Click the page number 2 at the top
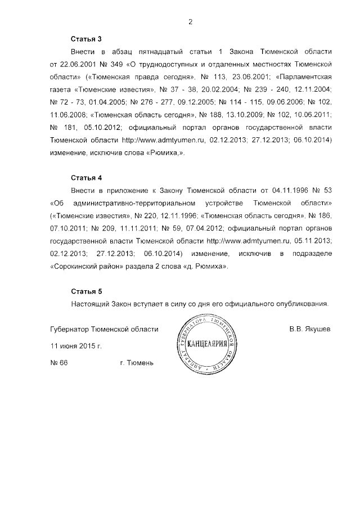191,22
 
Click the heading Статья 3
86,39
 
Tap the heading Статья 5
86,291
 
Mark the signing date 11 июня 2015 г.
76,346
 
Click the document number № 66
59,363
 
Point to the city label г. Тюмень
137,363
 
